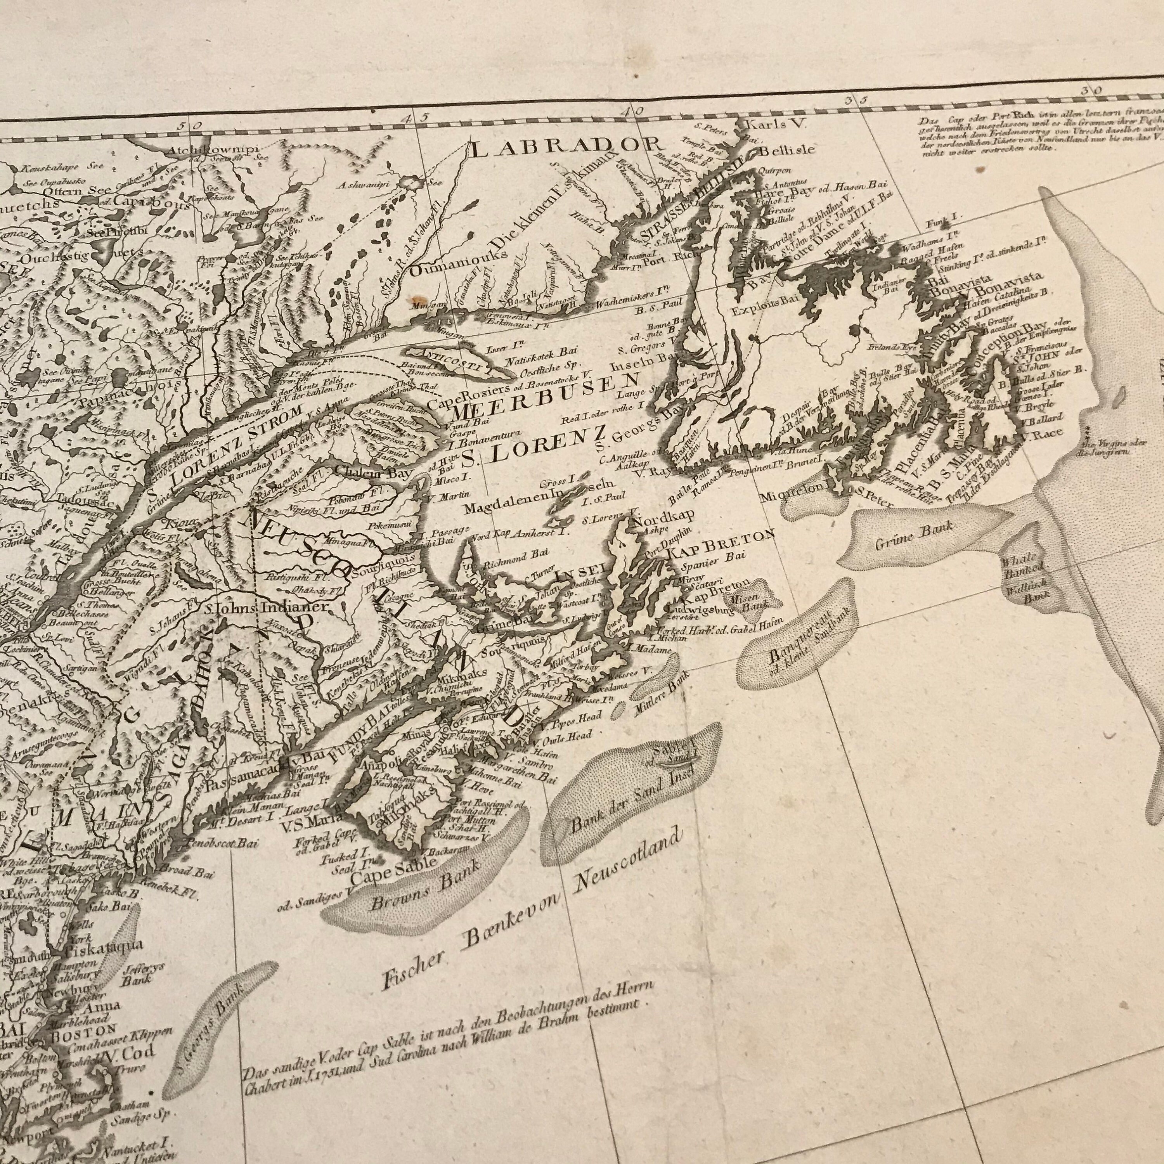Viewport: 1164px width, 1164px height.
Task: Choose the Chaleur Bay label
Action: click(x=374, y=473)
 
